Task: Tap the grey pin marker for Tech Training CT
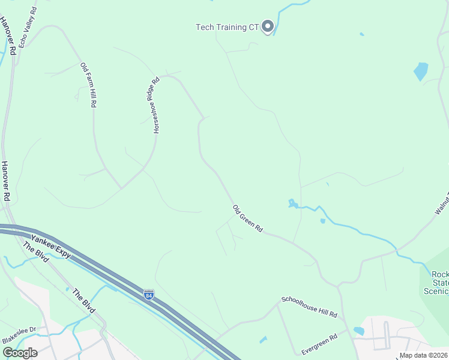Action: click(268, 26)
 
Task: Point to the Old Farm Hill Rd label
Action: click(88, 85)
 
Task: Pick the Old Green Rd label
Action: click(248, 218)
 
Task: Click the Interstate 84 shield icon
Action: click(149, 294)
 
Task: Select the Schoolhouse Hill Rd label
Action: click(309, 307)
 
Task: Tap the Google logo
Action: click(19, 353)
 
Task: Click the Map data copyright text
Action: click(424, 355)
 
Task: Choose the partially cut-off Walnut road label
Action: click(442, 201)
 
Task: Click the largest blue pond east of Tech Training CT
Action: click(421, 71)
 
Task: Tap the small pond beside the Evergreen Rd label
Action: click(359, 331)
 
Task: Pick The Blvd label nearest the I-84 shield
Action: click(83, 301)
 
